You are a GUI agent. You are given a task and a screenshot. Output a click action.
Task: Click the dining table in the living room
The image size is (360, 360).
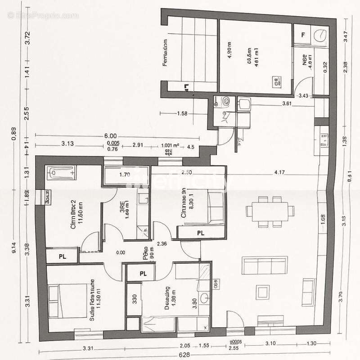(270, 211)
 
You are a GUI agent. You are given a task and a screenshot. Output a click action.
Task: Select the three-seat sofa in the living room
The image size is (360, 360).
(265, 265)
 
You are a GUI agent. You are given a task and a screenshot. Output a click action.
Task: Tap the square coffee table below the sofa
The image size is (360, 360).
(262, 292)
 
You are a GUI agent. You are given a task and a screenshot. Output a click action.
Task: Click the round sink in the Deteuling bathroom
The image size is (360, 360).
(205, 297)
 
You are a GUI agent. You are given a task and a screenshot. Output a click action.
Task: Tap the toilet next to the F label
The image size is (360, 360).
(321, 35)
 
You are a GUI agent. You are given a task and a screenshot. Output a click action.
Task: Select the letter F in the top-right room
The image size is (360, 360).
(303, 34)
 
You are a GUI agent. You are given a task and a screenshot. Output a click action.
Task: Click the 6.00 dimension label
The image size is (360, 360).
(110, 136)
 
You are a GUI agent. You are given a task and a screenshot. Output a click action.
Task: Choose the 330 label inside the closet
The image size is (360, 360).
(134, 297)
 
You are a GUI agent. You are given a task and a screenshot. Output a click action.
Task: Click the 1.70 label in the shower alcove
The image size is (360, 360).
(124, 175)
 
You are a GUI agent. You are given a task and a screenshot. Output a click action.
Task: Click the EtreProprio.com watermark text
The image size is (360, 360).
(43, 15)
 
